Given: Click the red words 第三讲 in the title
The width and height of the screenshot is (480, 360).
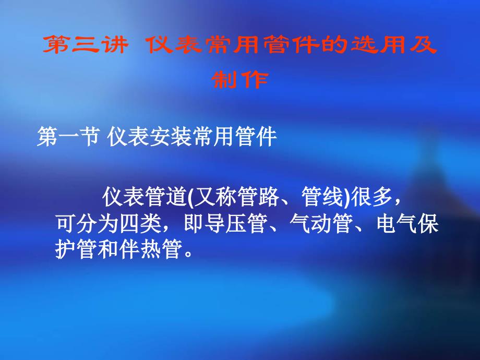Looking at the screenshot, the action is click(86, 45).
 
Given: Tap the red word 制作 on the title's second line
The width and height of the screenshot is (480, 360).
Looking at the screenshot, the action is click(240, 80).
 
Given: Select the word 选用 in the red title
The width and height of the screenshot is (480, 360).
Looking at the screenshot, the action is click(379, 45).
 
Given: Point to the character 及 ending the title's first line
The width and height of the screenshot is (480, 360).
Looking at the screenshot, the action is click(423, 45).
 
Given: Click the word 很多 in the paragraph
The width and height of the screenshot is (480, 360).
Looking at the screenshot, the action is click(371, 197).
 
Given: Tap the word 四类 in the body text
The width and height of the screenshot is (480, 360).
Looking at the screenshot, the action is click(140, 223).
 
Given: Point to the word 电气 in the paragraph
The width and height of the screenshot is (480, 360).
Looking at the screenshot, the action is click(397, 223).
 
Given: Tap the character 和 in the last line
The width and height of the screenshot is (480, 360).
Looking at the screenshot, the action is click(108, 249).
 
